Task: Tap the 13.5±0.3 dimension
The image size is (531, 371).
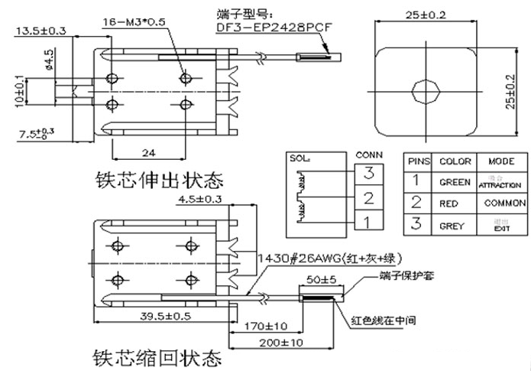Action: [40, 31]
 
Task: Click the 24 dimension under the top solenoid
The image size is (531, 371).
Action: [149, 151]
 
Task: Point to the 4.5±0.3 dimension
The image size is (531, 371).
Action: [199, 200]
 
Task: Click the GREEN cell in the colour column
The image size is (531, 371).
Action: [455, 183]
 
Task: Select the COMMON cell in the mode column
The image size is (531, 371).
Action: [501, 204]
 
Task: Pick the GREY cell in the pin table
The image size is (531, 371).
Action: [455, 226]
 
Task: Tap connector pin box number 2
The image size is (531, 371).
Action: [367, 200]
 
